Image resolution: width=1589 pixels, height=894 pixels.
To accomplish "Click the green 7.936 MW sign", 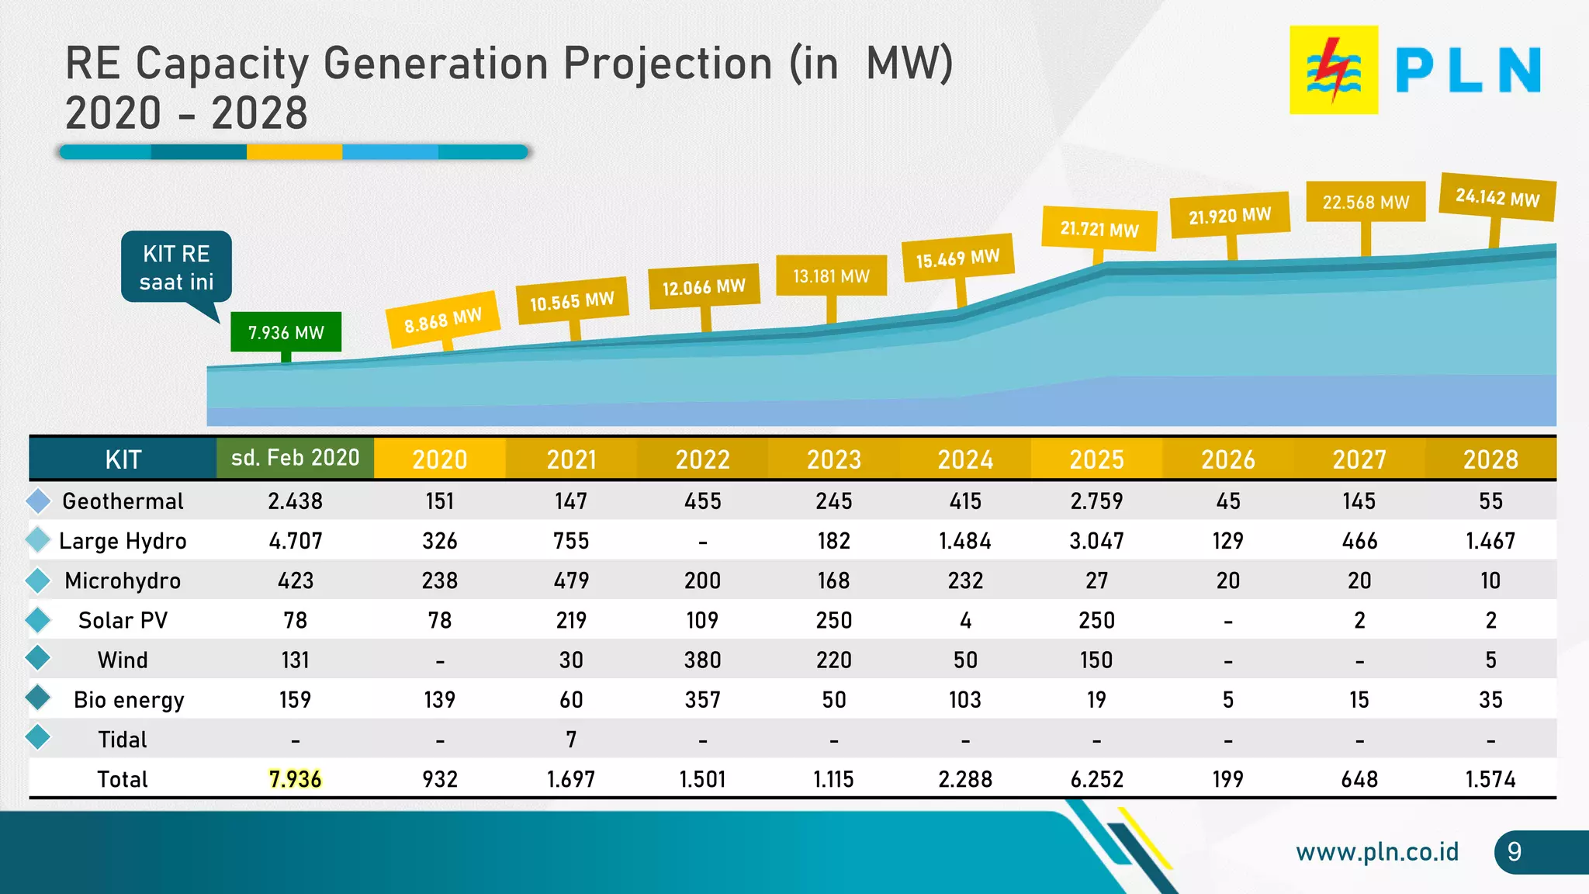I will tap(286, 332).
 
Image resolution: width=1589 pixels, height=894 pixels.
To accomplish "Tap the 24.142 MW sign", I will tap(1497, 197).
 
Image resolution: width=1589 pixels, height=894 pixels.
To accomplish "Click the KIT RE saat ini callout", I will tap(176, 267).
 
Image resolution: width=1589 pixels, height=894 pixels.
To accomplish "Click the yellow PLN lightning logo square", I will tap(1333, 70).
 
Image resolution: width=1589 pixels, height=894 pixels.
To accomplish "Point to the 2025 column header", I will tap(1096, 459).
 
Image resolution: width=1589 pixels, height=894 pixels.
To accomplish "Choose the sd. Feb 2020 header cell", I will tap(295, 458).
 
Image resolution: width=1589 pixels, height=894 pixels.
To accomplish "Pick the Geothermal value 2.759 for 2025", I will tap(1096, 501).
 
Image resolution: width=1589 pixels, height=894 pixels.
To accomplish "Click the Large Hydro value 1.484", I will tap(964, 541).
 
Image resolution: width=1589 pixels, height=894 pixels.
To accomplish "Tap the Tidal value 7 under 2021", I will tap(571, 740).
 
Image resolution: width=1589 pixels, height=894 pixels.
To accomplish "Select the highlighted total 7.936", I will tap(295, 779).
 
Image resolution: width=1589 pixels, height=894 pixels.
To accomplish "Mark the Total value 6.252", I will tap(1096, 779).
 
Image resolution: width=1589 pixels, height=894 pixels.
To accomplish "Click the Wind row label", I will tap(123, 660).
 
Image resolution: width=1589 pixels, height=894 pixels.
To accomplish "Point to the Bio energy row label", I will tap(129, 700).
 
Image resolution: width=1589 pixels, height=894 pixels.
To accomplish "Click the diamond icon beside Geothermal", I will tap(38, 501).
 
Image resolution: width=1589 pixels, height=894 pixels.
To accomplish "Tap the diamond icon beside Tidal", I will tap(38, 737).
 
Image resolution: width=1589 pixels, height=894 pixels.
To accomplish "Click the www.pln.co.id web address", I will tap(1377, 852).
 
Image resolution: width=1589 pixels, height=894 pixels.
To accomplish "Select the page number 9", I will tap(1514, 852).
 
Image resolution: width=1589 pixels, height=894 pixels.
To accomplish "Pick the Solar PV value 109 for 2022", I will tap(702, 621).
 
